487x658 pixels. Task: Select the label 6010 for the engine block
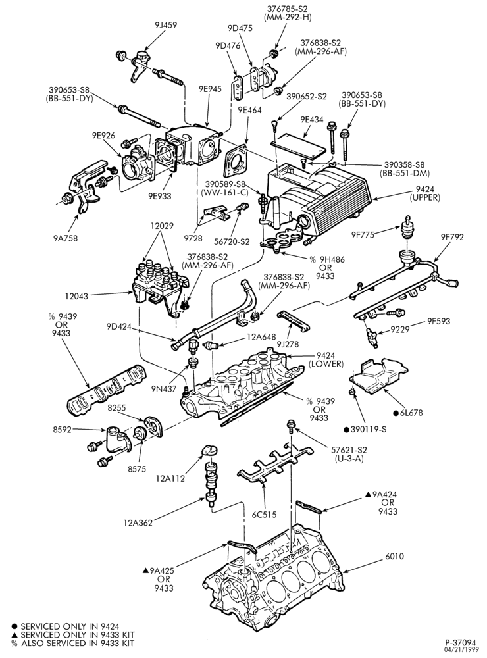[394, 557]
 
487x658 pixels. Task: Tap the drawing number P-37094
[460, 642]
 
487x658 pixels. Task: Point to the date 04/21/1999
[462, 649]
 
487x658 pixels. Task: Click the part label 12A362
[138, 522]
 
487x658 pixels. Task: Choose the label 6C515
[264, 514]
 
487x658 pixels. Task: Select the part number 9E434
[311, 120]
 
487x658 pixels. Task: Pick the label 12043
[77, 296]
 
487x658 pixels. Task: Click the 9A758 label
[65, 238]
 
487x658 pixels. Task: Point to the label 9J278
[288, 345]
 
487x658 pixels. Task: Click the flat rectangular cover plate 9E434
[299, 146]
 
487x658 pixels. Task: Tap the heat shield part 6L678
[378, 376]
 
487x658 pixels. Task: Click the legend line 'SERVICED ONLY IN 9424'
[61, 626]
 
